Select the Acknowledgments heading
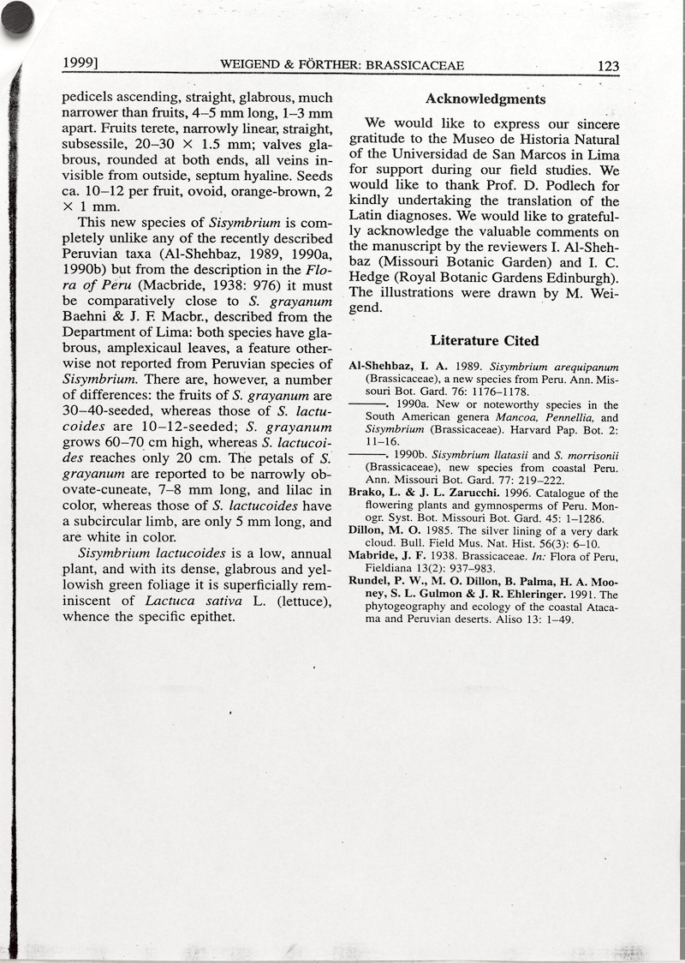pyautogui.click(x=485, y=99)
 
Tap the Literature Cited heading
pyautogui.click(x=485, y=341)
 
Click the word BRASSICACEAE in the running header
pyautogui.click(x=415, y=64)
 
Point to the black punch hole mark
pyautogui.click(x=17, y=17)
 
